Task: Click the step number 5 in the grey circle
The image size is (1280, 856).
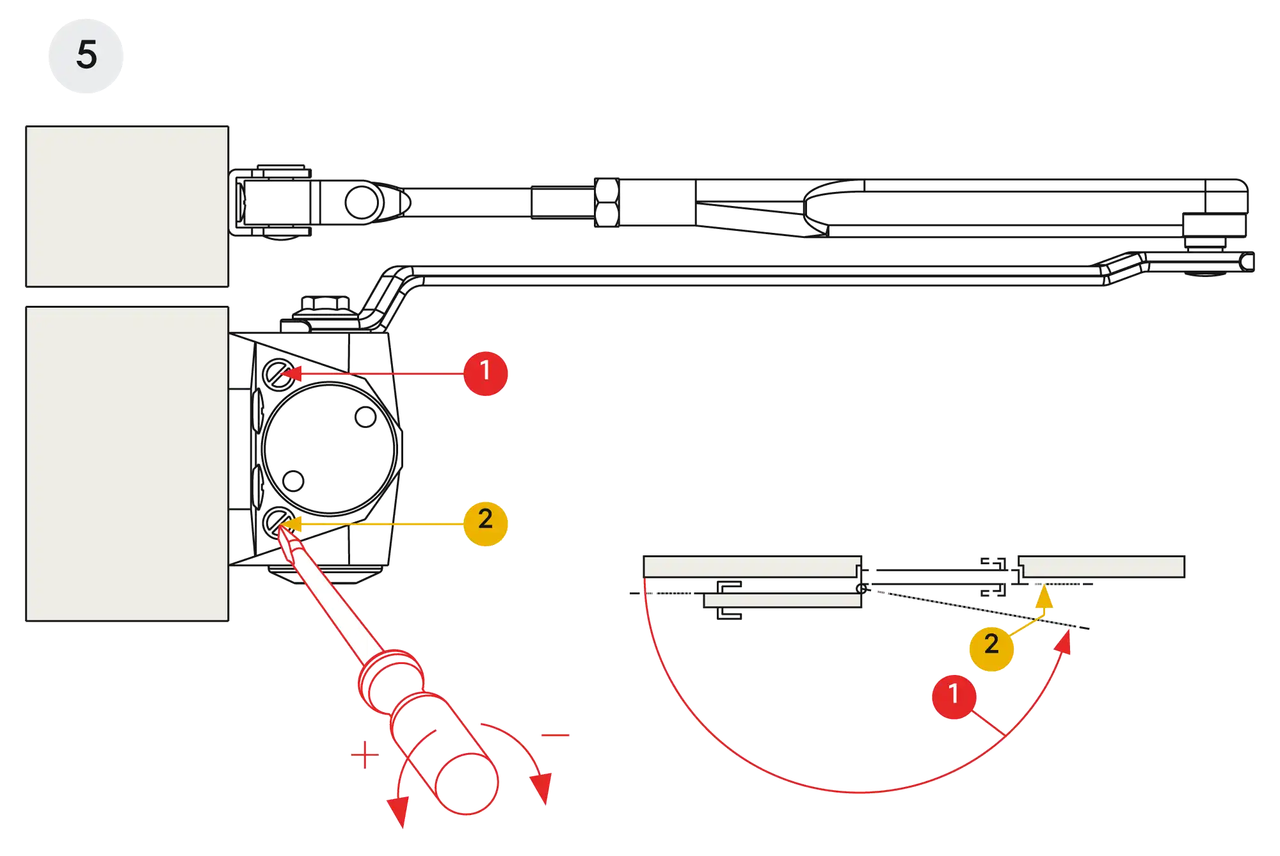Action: [86, 55]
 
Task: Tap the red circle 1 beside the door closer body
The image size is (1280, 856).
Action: [485, 372]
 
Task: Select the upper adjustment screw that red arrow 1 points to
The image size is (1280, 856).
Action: [277, 373]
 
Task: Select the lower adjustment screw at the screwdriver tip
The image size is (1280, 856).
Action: [277, 522]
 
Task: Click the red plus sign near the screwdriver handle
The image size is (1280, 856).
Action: [365, 754]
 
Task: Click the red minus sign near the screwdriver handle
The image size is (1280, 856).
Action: [556, 735]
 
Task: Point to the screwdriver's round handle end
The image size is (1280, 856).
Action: [467, 784]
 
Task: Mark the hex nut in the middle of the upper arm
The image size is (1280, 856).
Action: [606, 202]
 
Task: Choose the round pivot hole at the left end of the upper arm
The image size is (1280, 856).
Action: [362, 202]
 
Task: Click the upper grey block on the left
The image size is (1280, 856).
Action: [125, 206]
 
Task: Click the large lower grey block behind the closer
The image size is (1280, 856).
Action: [125, 464]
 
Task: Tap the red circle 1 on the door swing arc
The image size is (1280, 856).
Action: [954, 695]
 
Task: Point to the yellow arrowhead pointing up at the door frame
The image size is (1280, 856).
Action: [1044, 598]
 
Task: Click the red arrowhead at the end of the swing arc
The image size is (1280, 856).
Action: [1064, 642]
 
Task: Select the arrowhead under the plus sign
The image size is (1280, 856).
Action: [399, 810]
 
